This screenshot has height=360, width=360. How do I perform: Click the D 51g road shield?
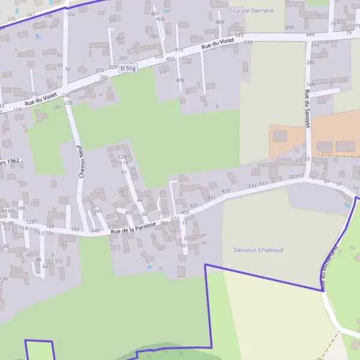coord(127,68)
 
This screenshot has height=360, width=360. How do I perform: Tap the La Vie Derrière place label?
coord(253,11)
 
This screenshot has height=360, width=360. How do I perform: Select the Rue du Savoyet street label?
coord(307,109)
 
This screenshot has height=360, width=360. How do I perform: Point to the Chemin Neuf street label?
coord(79,162)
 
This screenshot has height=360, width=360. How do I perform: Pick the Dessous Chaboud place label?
coord(258,250)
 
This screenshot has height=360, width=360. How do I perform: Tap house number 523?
coord(239,35)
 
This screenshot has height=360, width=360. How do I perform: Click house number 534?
coord(248,43)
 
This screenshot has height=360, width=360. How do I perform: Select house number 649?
coord(310,35)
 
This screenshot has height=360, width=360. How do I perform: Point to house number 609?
coord(290,28)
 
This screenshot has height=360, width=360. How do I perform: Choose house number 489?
coord(220,22)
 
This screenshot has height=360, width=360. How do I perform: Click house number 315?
coord(112,20)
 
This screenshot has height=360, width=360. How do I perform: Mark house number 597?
coord(293,178)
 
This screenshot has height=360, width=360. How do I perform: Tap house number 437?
coord(226,191)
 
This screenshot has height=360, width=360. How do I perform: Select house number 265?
coord(98,211)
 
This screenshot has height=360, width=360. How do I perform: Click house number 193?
coord(75,230)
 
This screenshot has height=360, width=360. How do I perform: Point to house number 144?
coord(310,85)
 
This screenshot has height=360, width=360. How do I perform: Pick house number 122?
coord(71,14)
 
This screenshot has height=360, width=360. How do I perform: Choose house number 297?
coord(123,58)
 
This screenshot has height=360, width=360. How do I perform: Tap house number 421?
coord(193,205)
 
